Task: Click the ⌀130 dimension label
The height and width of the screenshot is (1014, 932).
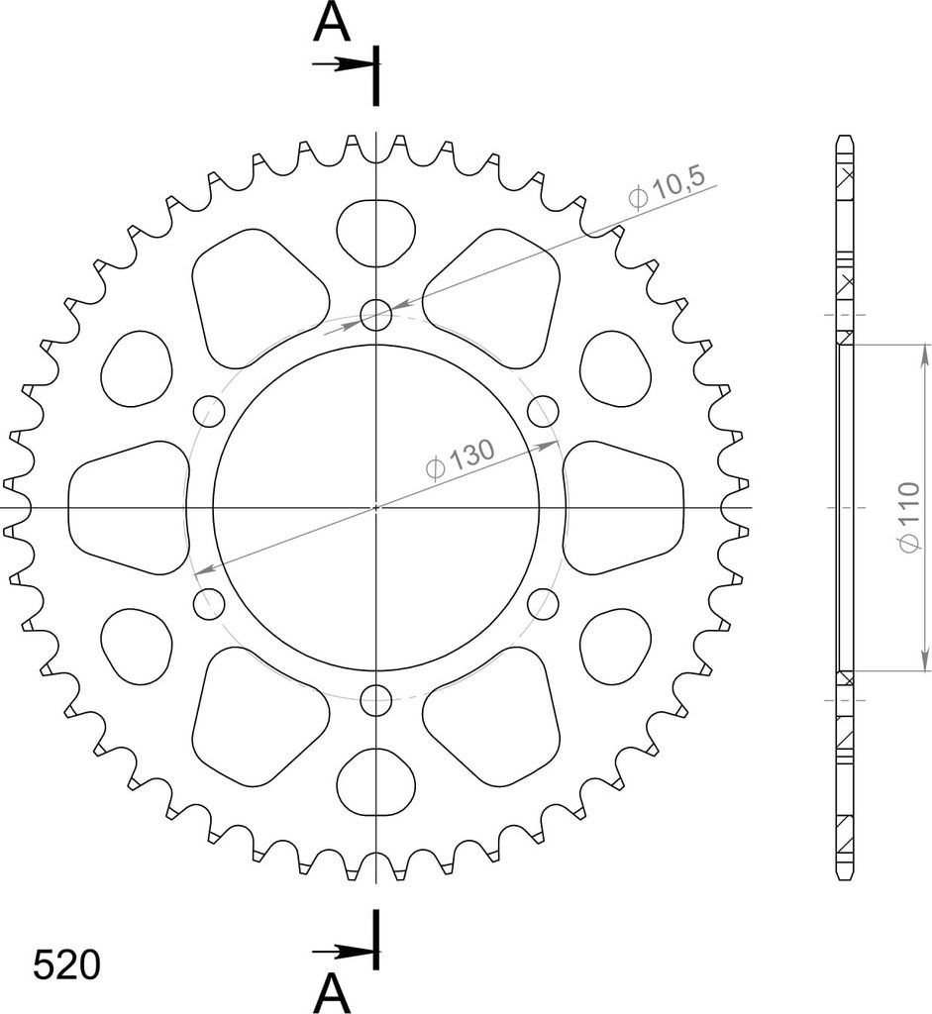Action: tap(462, 458)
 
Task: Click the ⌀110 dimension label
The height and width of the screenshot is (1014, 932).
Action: tap(908, 517)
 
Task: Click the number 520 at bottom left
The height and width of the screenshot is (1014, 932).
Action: tap(66, 965)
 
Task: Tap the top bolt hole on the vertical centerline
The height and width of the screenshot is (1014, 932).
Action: tap(375, 315)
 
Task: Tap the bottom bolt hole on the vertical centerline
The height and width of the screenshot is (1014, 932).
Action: tap(375, 700)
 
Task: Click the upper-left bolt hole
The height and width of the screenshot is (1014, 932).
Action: tap(209, 411)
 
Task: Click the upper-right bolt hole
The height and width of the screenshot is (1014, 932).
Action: tap(543, 411)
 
